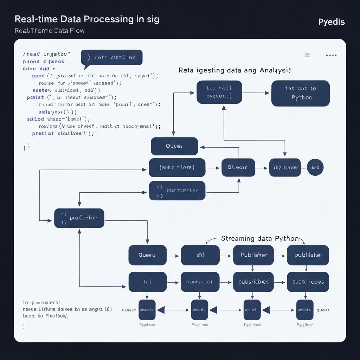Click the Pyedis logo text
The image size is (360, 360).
point(331,22)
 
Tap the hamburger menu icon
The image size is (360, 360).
point(307,55)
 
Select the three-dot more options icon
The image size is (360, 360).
point(332,55)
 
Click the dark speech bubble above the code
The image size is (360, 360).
point(112,57)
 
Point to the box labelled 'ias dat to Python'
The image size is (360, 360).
point(300,93)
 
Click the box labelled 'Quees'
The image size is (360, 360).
point(174,146)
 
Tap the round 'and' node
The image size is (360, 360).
point(315,168)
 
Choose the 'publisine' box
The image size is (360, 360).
point(79,218)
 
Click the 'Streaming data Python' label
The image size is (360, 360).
point(260,238)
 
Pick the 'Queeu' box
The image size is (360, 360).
point(147,255)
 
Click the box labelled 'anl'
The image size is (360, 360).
point(200,255)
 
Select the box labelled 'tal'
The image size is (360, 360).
point(147,282)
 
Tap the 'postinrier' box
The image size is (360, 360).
point(177,191)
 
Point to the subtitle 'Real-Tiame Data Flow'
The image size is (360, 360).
point(50,31)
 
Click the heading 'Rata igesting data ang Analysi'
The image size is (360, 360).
point(234,70)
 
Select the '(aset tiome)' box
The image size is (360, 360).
point(177,168)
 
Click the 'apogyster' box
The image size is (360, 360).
point(200,282)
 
